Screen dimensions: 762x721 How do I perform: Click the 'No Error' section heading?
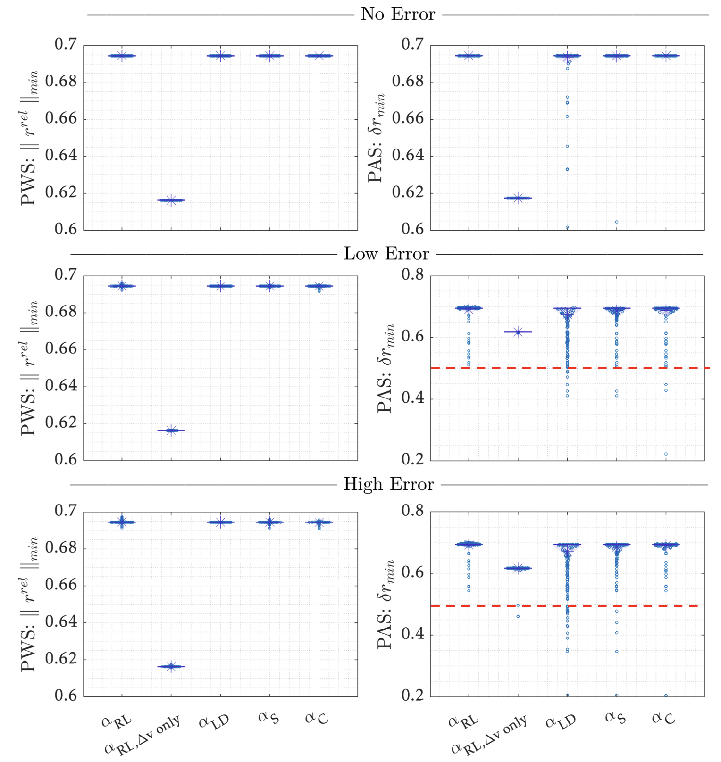click(x=398, y=14)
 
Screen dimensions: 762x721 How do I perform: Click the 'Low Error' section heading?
click(x=386, y=254)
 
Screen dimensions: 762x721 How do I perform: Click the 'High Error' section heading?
click(x=388, y=484)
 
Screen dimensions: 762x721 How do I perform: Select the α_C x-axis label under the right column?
click(x=663, y=718)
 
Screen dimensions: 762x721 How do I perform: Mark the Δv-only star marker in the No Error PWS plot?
click(x=171, y=200)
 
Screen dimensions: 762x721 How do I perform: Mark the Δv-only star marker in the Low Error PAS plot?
click(x=518, y=332)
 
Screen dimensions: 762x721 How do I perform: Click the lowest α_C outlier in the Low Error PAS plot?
click(x=666, y=454)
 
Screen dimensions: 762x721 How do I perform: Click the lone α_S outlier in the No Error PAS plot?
click(x=616, y=222)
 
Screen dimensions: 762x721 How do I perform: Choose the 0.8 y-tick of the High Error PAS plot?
click(x=411, y=511)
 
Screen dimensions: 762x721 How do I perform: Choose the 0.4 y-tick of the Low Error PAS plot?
click(x=411, y=399)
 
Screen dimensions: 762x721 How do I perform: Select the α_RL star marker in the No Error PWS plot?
click(x=122, y=56)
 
